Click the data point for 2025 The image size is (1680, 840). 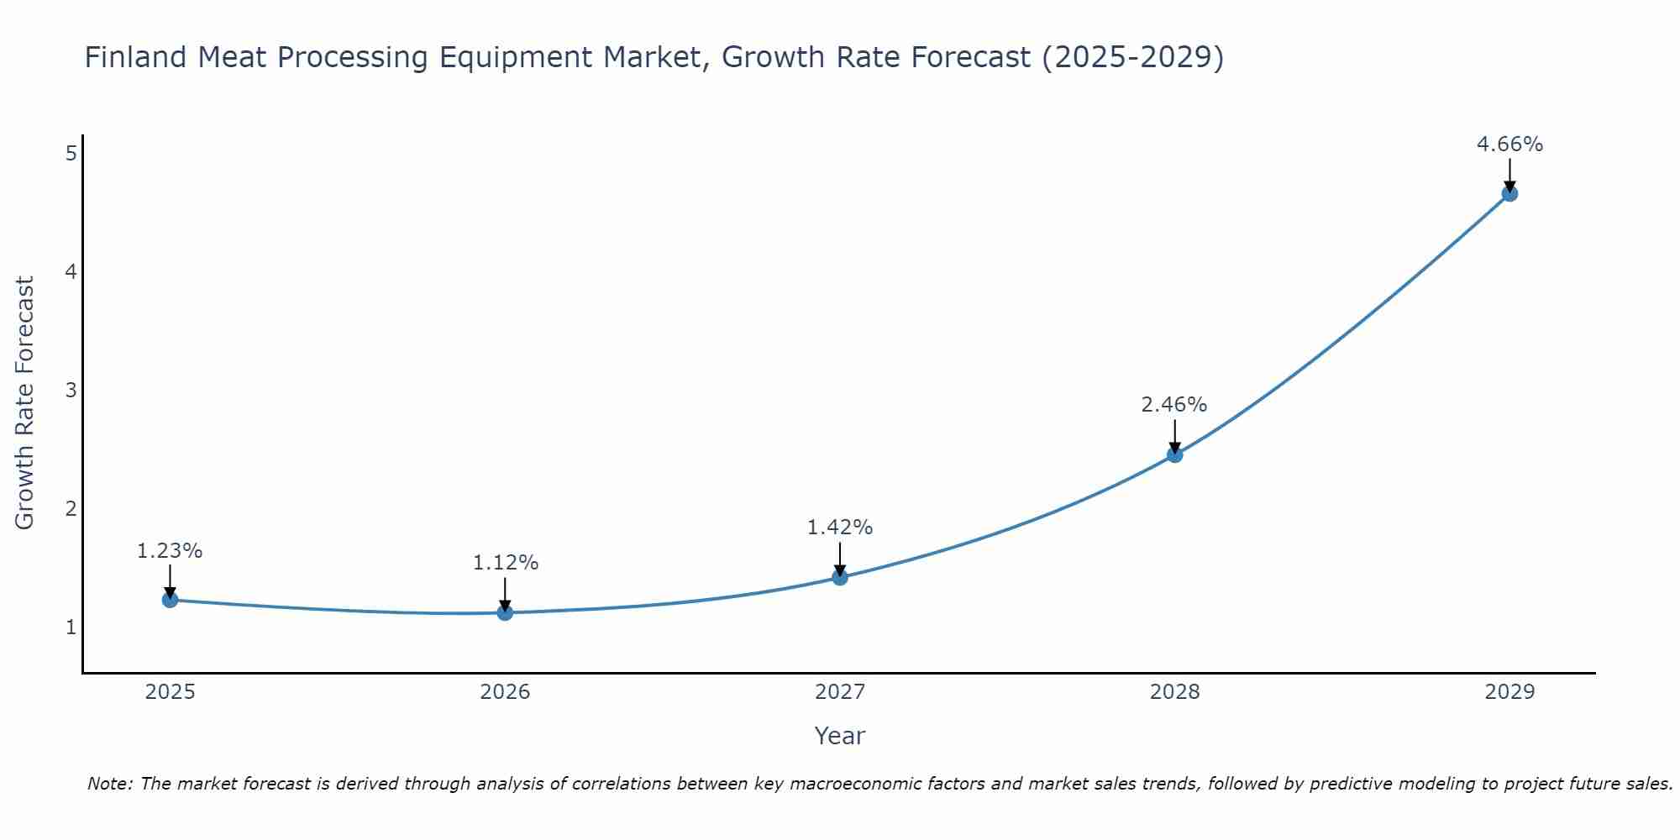point(170,600)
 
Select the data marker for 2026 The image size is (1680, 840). point(505,612)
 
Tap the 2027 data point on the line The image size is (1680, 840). point(840,577)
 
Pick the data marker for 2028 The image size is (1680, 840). point(1174,454)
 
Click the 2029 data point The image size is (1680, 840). point(1509,194)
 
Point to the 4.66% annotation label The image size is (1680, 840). point(1509,144)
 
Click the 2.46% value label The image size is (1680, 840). point(1173,405)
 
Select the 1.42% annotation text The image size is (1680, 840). point(840,528)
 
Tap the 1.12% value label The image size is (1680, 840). point(505,563)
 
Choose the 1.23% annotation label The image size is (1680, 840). point(170,551)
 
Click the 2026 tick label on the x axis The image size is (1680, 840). point(505,692)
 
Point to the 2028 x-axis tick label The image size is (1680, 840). point(1174,692)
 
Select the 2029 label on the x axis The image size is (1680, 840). point(1509,692)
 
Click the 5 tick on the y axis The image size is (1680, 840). point(71,153)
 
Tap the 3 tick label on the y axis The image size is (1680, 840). point(71,390)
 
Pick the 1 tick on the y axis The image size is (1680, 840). point(71,627)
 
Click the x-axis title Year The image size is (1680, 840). point(839,736)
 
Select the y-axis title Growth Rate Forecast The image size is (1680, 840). point(25,403)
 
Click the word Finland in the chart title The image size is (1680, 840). point(135,58)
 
